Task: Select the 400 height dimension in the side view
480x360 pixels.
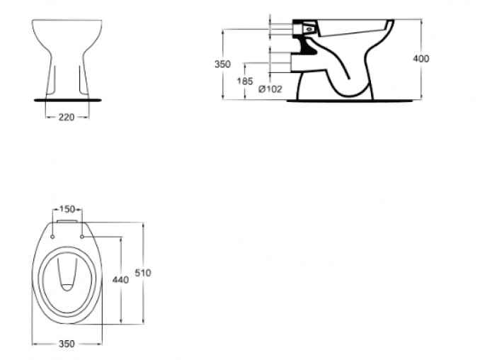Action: tap(421, 59)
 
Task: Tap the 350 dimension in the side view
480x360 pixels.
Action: tap(222, 64)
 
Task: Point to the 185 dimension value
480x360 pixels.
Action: tap(245, 82)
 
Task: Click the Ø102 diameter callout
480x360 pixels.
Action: tap(270, 89)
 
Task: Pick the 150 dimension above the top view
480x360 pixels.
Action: tap(67, 209)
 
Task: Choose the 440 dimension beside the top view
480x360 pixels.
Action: tap(120, 280)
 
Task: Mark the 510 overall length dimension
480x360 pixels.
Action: tap(144, 272)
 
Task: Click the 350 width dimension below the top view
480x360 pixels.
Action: tap(67, 344)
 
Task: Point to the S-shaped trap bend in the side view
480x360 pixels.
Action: tap(347, 78)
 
